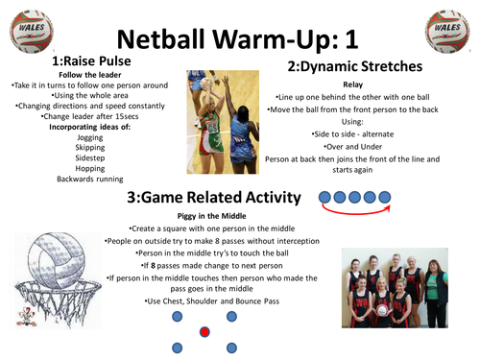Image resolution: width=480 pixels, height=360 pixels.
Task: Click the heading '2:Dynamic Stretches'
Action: pos(354,66)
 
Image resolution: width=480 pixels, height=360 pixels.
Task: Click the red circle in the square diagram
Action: pos(204,332)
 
